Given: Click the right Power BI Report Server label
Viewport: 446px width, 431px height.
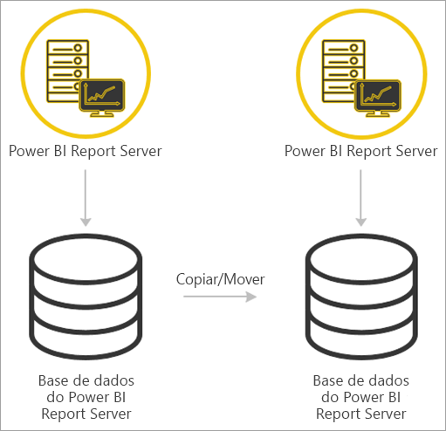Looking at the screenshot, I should (x=360, y=150).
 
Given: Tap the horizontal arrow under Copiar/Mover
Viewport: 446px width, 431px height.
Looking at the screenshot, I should (x=220, y=298).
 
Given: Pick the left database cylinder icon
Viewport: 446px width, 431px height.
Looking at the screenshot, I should (x=86, y=289).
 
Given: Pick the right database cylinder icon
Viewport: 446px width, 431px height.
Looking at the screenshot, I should (x=361, y=289).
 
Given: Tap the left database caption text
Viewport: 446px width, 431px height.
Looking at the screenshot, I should (x=86, y=397).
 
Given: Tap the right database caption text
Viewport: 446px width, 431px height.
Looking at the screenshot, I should (x=361, y=398).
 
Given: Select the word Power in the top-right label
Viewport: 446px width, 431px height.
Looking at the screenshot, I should (x=305, y=150).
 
